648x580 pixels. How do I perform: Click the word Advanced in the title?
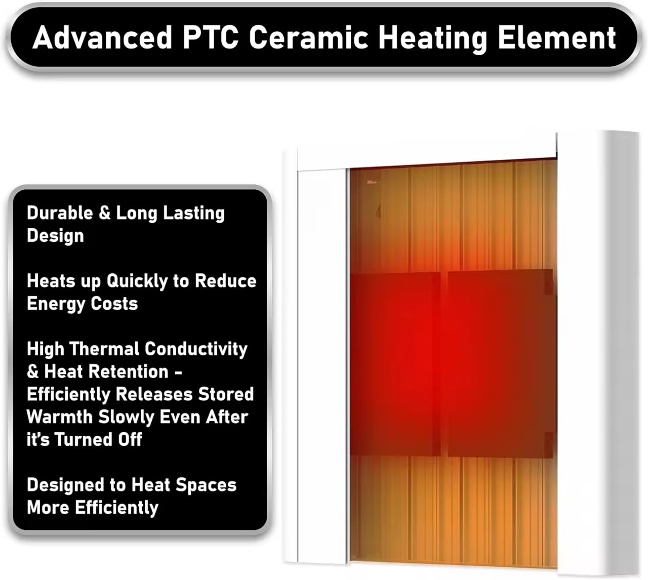[x=102, y=37]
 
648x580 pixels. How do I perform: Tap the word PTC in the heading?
[x=211, y=37]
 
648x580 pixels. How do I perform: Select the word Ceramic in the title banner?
[x=309, y=37]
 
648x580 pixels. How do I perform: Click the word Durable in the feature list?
[x=60, y=213]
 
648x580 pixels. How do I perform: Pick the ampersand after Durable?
[x=105, y=213]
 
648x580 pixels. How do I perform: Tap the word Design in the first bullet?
[x=55, y=236]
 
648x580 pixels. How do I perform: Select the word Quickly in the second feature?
[x=137, y=281]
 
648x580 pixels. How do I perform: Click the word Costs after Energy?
[x=114, y=304]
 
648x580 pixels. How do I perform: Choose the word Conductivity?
[x=196, y=350]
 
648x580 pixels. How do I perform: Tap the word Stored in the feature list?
[x=226, y=394]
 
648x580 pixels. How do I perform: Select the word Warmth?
[x=60, y=417]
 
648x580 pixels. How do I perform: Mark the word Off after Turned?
[x=130, y=439]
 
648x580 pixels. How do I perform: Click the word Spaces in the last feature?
[x=206, y=485]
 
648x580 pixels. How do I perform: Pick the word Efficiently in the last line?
[x=117, y=508]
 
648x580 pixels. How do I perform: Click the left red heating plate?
[x=395, y=364]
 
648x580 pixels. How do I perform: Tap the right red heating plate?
[x=500, y=363]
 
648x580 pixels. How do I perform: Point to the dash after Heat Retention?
[x=179, y=372]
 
